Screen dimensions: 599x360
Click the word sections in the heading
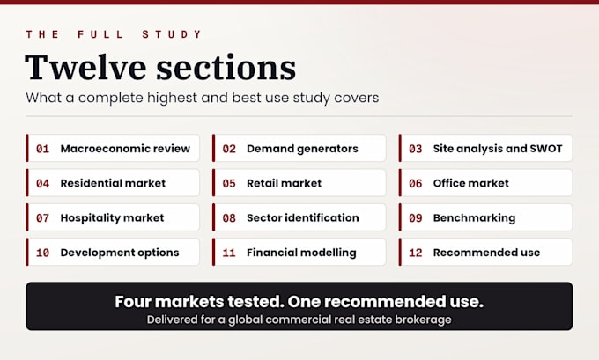226,68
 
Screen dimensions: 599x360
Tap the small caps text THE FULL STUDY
114,34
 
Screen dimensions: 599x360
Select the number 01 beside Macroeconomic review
42,149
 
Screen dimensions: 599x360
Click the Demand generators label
302,149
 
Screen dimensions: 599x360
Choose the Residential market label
113,183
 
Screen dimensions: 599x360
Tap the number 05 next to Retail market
229,184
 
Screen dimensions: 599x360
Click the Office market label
470,183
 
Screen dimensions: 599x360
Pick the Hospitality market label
112,218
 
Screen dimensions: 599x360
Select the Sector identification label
302,217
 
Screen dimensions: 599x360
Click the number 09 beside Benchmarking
415,218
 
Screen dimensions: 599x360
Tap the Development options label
120,253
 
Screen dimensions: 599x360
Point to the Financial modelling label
301,253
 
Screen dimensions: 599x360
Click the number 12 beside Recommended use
415,253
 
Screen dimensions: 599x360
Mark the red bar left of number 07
27,217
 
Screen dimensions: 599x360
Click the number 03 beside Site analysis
415,149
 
